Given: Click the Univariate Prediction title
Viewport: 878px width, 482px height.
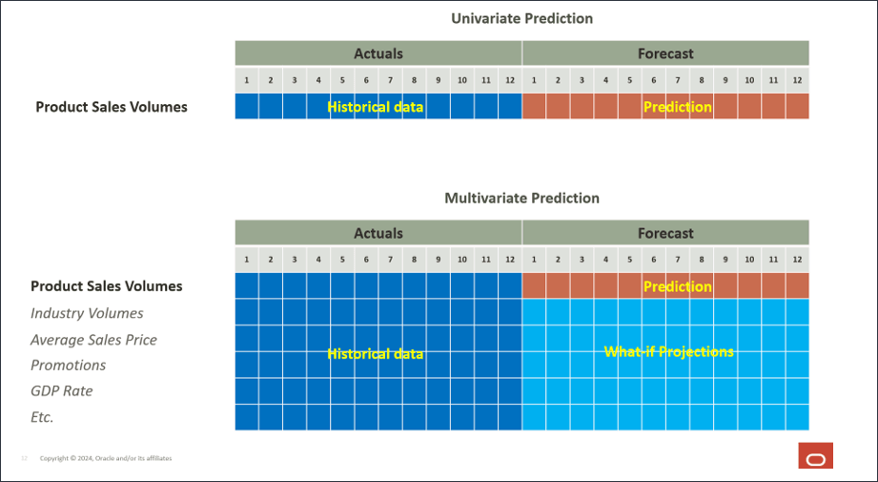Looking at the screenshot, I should pyautogui.click(x=521, y=18).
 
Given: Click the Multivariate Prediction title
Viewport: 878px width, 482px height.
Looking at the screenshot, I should pyautogui.click(x=521, y=199).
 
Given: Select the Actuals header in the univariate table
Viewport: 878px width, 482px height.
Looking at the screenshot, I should pyautogui.click(x=378, y=53).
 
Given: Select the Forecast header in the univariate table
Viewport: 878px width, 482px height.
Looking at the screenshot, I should pyautogui.click(x=665, y=53).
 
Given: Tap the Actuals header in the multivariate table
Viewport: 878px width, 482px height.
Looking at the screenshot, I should pyautogui.click(x=378, y=233).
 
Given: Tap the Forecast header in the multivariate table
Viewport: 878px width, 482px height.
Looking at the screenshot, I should pyautogui.click(x=665, y=233).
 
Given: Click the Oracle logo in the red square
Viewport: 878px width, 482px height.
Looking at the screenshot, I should pyautogui.click(x=815, y=456).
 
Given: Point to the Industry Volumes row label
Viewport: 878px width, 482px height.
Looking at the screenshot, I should pyautogui.click(x=87, y=313).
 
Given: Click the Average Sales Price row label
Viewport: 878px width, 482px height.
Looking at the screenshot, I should pyautogui.click(x=93, y=340).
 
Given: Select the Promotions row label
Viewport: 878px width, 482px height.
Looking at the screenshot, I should pyautogui.click(x=68, y=365).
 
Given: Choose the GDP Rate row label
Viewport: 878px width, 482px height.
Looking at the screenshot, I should pyautogui.click(x=61, y=390).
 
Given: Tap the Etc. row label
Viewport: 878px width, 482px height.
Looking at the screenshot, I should pyautogui.click(x=42, y=416).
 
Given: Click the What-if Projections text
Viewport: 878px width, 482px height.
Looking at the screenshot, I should pyautogui.click(x=669, y=352).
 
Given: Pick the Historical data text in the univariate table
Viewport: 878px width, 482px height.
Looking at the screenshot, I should pyautogui.click(x=375, y=107).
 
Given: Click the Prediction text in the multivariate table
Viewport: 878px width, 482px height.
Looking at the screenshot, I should pyautogui.click(x=677, y=286).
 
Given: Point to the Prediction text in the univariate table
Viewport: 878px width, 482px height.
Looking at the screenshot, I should pyautogui.click(x=677, y=107).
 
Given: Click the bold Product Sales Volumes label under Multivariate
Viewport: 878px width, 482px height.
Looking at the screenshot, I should pyautogui.click(x=106, y=286).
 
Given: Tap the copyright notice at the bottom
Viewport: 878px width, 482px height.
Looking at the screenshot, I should pyautogui.click(x=106, y=458).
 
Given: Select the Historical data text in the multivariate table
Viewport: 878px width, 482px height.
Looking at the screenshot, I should pyautogui.click(x=375, y=354).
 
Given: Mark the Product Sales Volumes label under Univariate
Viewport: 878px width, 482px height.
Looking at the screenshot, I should pyautogui.click(x=112, y=107).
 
